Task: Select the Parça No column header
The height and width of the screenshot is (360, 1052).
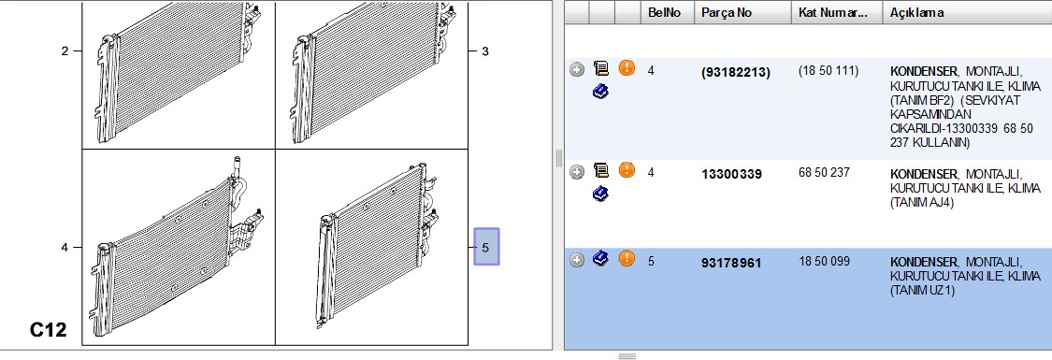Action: (727, 13)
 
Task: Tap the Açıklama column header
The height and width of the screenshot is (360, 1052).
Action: (917, 13)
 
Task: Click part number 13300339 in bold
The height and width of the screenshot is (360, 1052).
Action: (731, 174)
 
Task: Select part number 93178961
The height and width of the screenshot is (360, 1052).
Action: (731, 263)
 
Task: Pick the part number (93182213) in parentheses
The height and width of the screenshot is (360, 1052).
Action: (735, 72)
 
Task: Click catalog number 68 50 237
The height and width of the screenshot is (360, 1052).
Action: (824, 173)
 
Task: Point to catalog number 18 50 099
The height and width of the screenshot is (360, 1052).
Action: (824, 261)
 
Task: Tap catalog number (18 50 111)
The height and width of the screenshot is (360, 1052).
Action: (828, 70)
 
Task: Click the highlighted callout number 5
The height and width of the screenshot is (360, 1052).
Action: (486, 247)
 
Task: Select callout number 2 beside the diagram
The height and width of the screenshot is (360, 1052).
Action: (65, 50)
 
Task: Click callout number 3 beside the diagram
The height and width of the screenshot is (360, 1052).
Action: (485, 50)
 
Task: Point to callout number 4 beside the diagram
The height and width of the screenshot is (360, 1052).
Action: (65, 248)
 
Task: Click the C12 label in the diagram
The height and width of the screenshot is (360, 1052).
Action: (49, 330)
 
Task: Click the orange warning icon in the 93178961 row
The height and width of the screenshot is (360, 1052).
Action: (626, 258)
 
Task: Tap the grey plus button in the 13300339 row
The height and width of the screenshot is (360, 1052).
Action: (577, 172)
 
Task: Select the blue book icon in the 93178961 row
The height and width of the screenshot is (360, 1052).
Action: (601, 258)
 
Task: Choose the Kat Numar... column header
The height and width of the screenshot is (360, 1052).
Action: (832, 13)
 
